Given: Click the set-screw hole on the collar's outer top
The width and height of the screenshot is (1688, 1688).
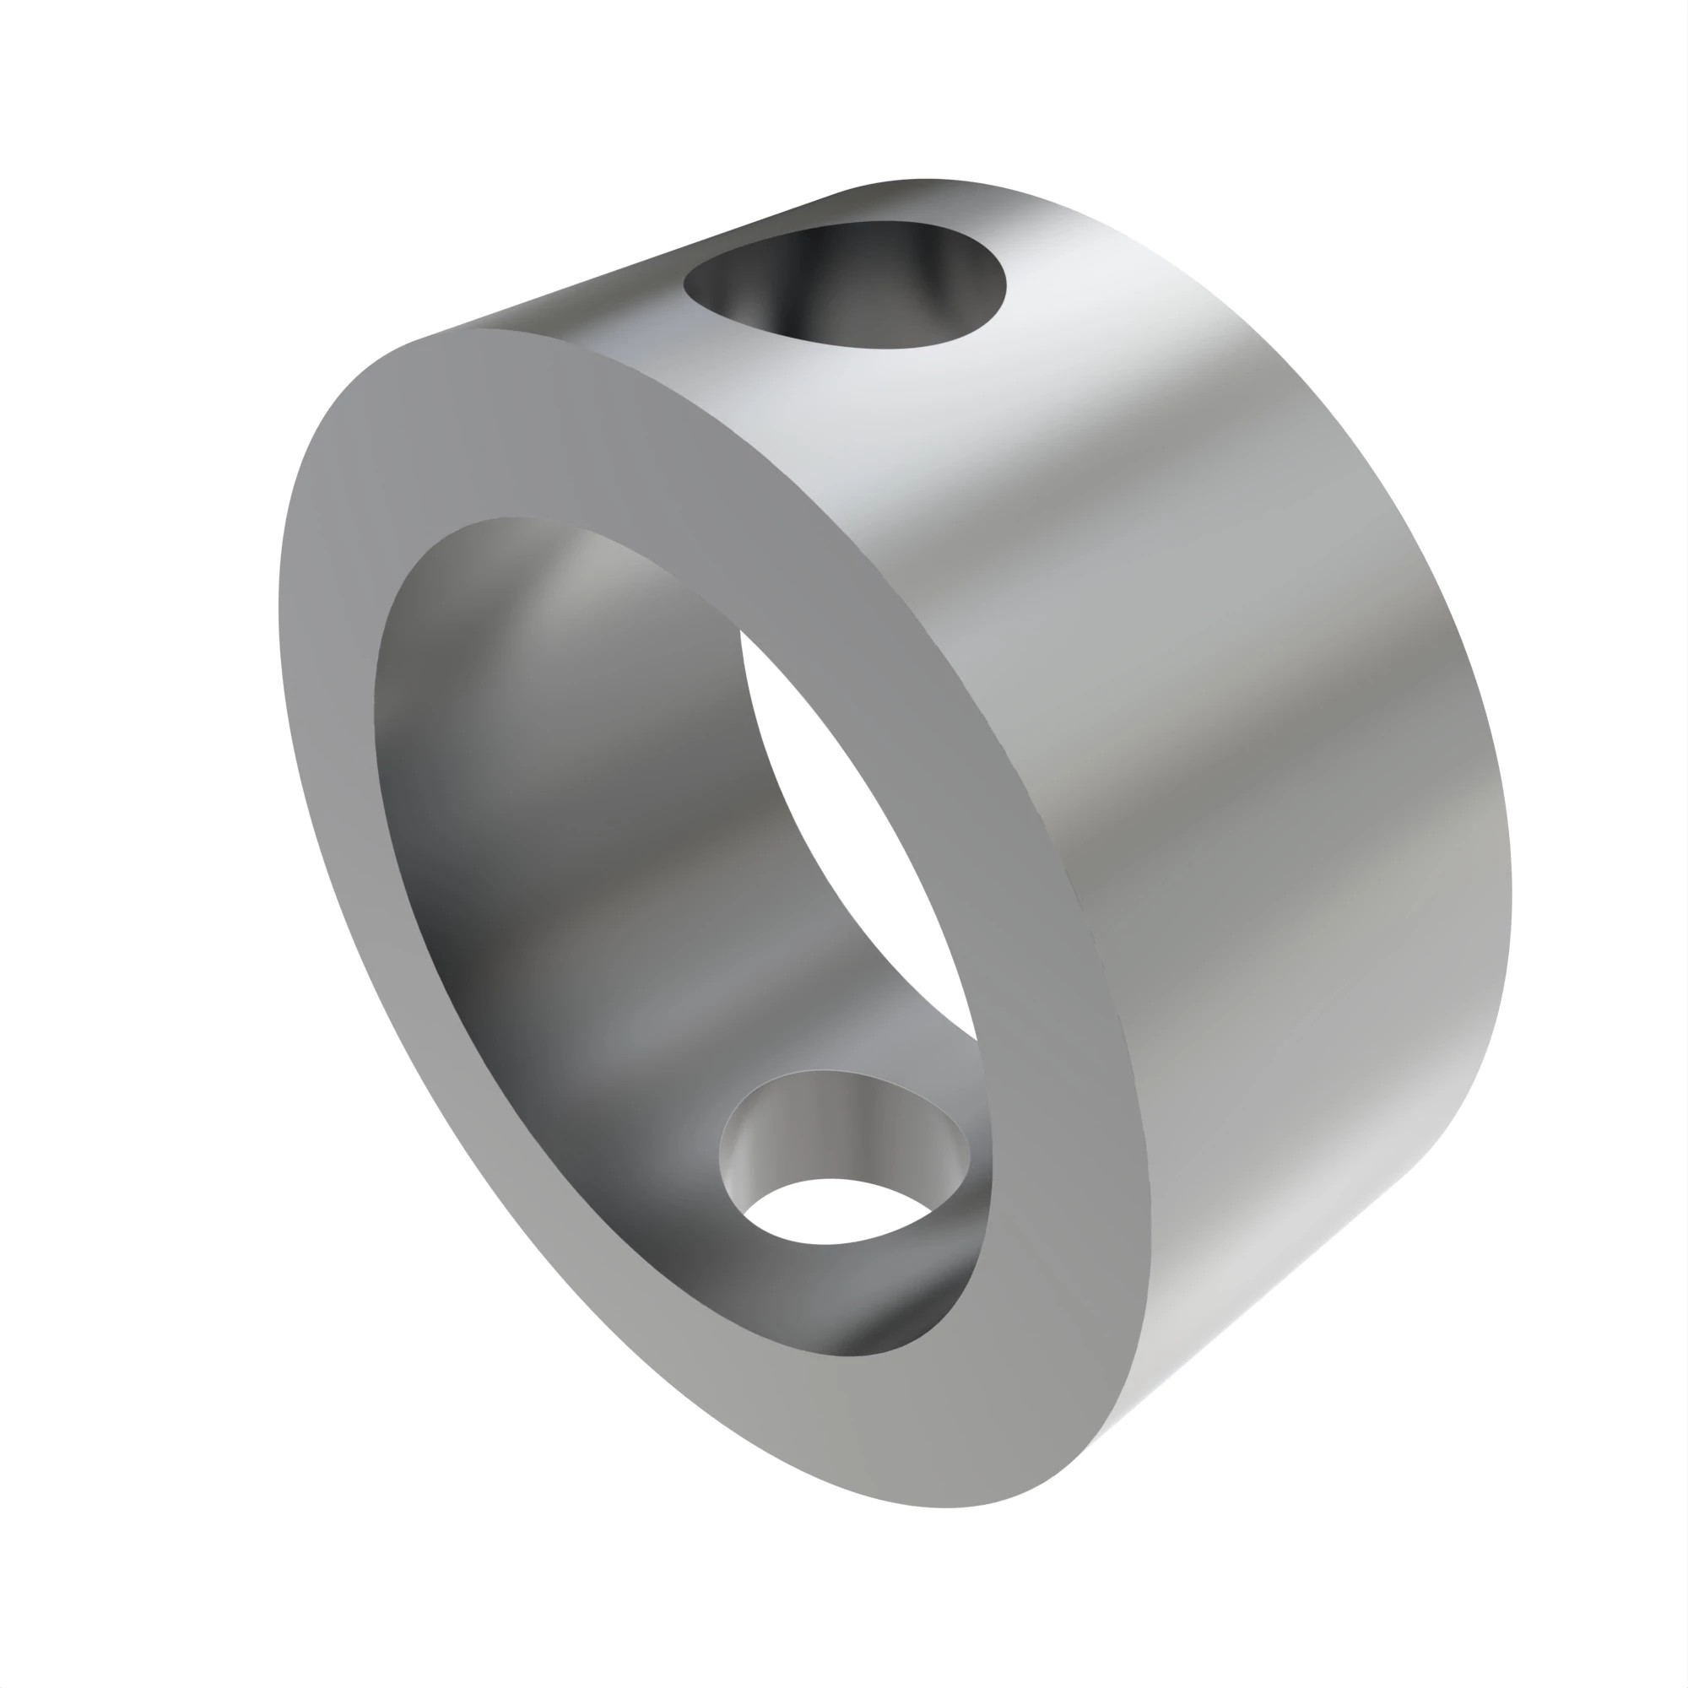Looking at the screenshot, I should pos(844,286).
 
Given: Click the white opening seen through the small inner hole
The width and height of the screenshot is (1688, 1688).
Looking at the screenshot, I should pos(835,1211).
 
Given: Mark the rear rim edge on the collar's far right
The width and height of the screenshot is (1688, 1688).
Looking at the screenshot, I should pos(1510,874).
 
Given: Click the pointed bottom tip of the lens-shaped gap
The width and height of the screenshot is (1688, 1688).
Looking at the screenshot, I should pos(975,1040).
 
